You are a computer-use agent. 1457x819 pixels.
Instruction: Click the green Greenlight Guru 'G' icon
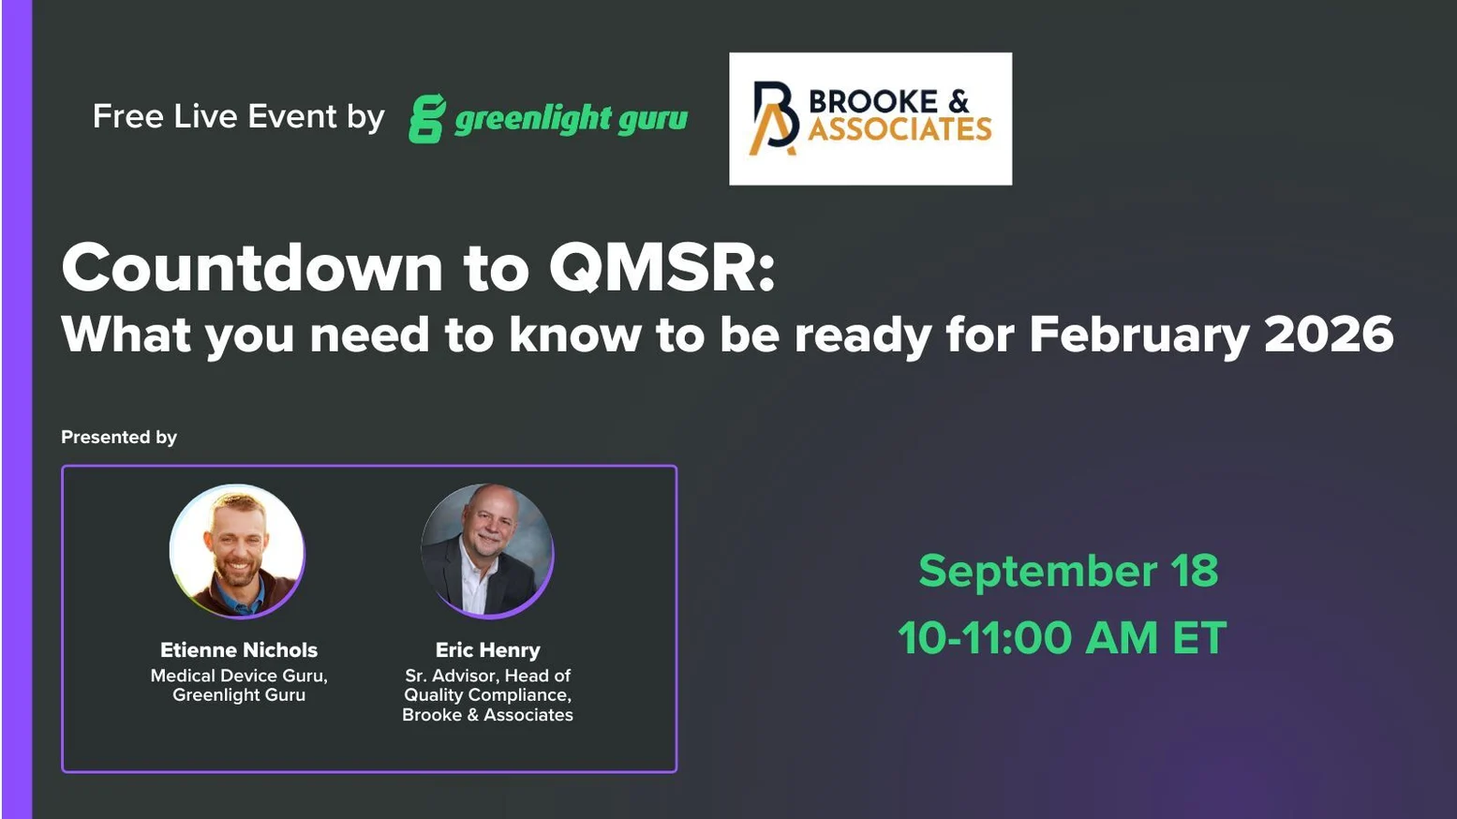point(426,119)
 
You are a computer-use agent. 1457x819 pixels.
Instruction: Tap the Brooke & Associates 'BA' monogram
point(775,118)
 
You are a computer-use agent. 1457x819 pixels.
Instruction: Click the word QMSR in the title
point(662,268)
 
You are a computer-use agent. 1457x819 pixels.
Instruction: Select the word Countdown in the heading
point(252,268)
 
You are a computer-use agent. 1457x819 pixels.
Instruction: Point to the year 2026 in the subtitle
point(1329,335)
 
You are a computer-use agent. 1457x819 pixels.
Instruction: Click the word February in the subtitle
point(1138,335)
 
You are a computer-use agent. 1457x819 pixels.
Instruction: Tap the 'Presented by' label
point(119,438)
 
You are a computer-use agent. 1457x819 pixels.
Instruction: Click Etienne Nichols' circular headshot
point(237,551)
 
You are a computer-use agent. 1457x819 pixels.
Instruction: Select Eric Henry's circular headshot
point(487,551)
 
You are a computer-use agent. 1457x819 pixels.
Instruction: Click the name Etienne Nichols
point(239,650)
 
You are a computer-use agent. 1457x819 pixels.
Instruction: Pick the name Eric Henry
point(487,650)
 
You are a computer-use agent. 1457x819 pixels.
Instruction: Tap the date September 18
point(1068,571)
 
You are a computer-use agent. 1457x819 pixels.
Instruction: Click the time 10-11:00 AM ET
point(1062,638)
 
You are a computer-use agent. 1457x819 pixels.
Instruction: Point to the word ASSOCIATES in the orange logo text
point(899,129)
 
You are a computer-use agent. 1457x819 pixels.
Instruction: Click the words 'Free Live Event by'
point(238,117)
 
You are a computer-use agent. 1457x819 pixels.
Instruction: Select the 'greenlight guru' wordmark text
point(571,119)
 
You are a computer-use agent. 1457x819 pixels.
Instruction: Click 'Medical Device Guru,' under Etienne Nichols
point(239,676)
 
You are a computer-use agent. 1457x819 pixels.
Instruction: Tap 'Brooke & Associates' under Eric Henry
point(487,715)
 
